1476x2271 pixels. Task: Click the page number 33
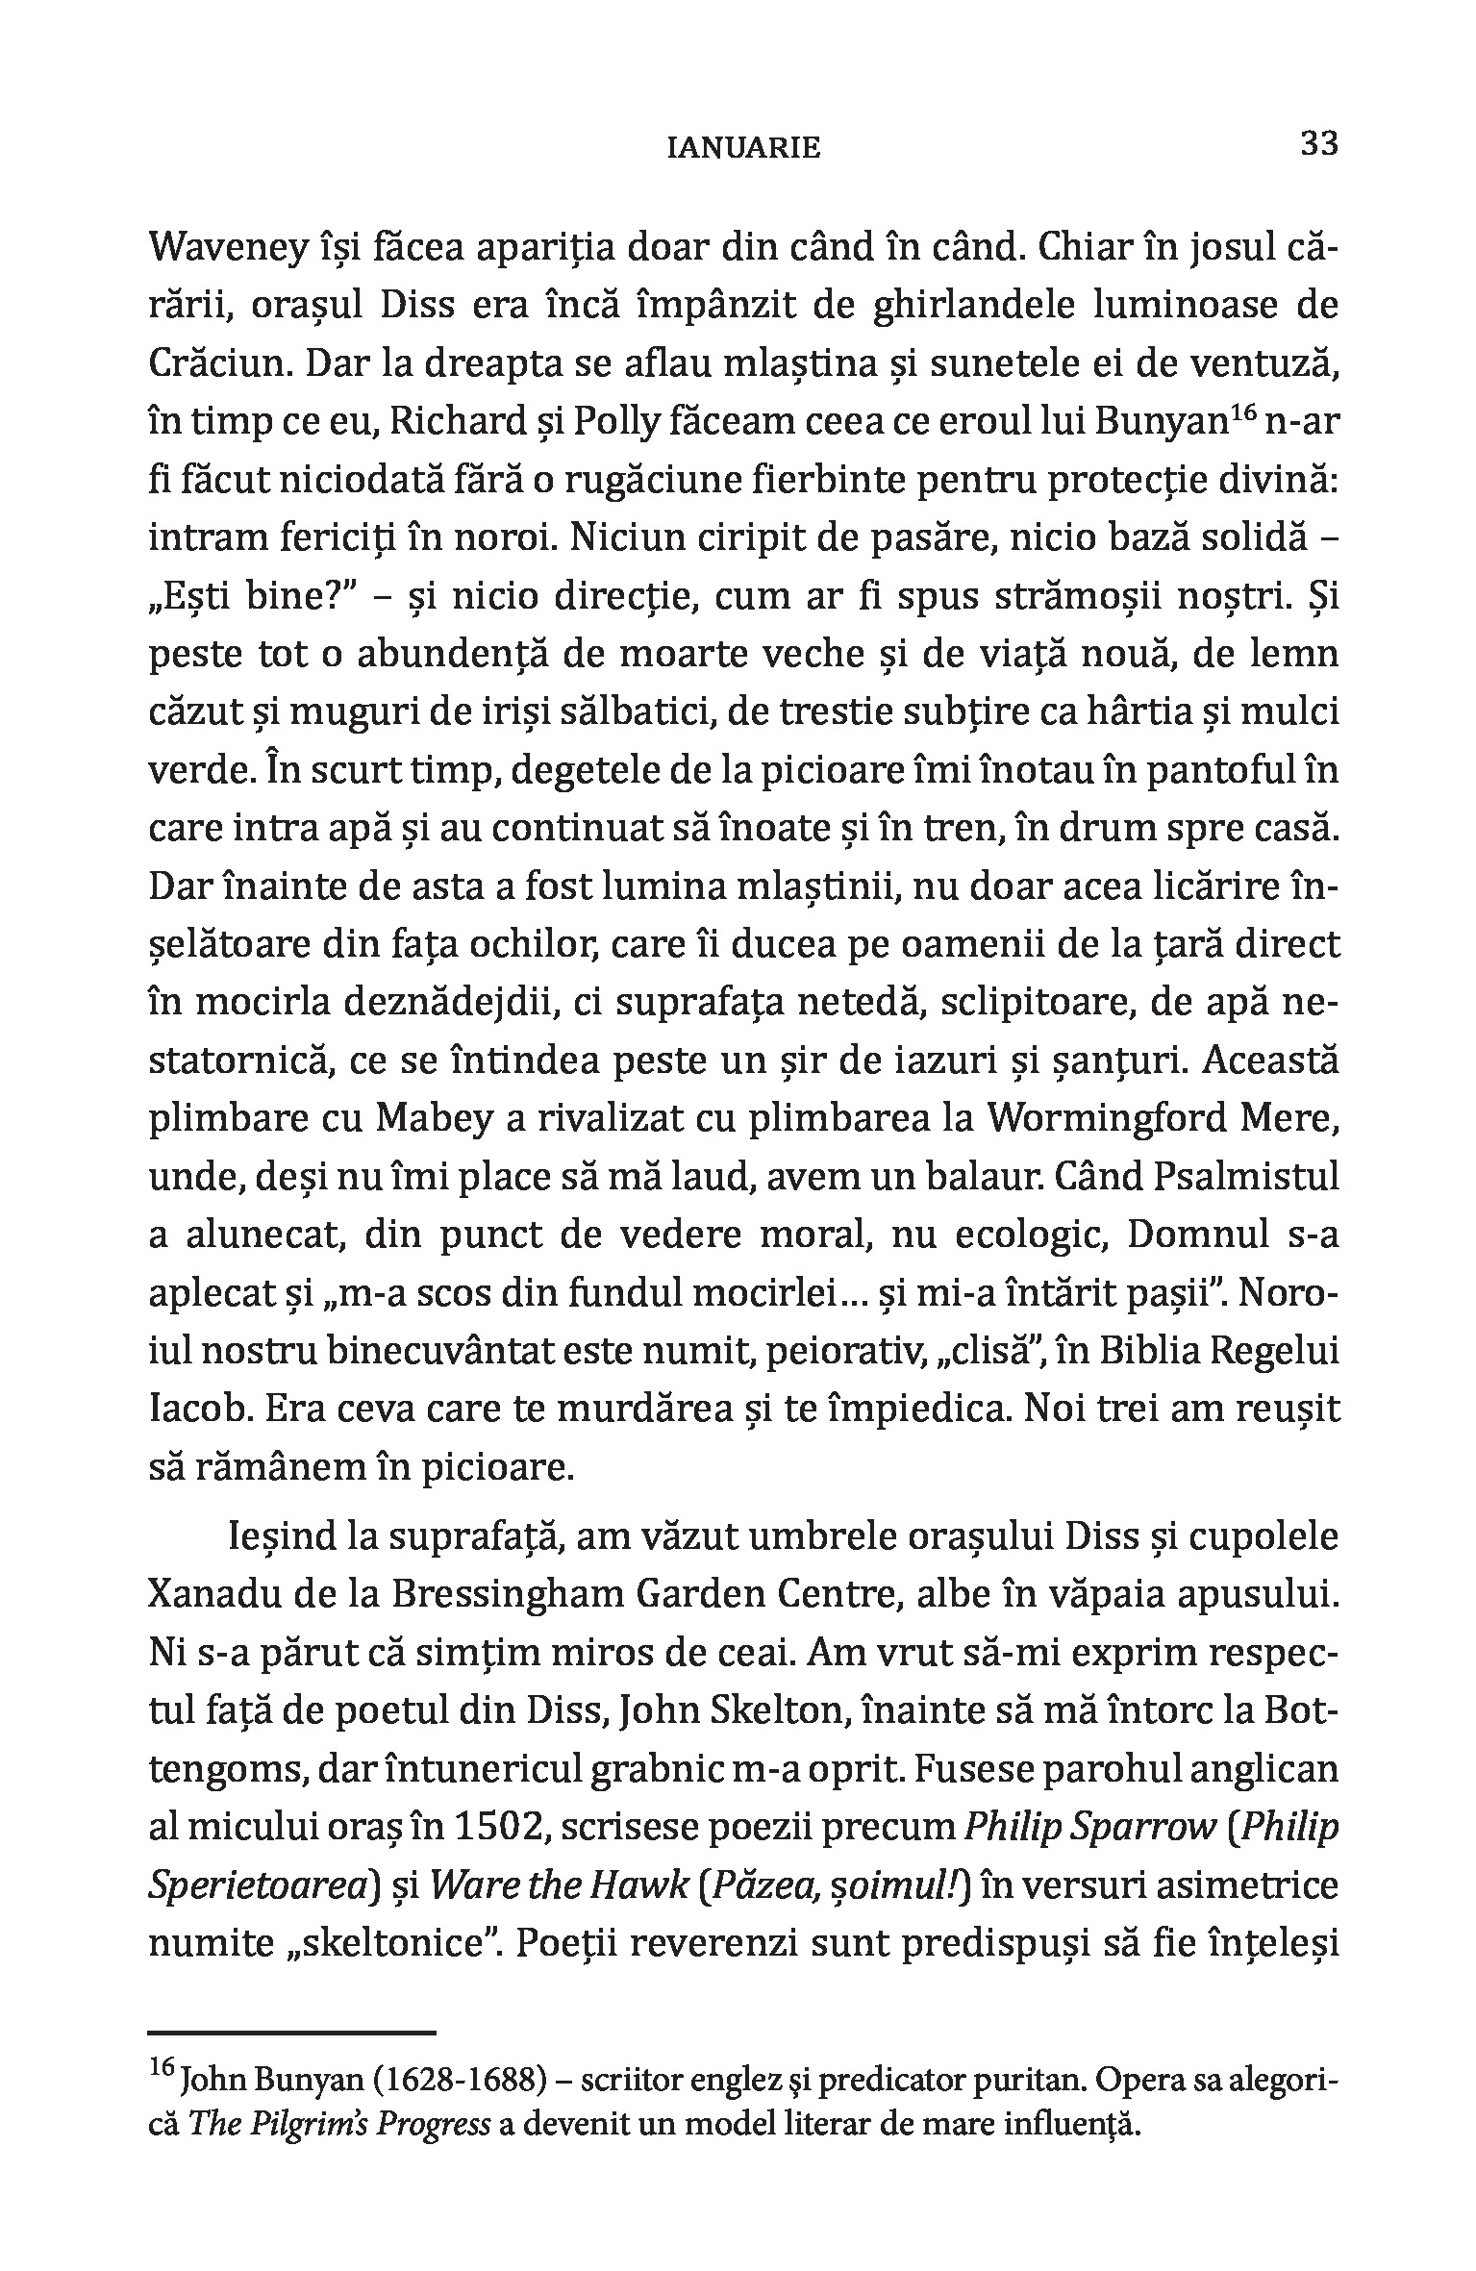click(x=1318, y=144)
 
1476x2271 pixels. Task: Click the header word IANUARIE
click(x=744, y=148)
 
